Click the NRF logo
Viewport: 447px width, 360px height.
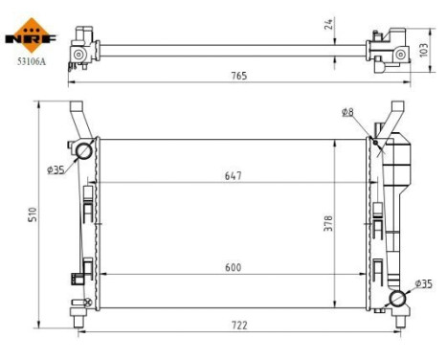(x=32, y=36)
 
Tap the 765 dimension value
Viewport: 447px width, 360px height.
(x=234, y=76)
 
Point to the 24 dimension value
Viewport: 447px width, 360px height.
(x=330, y=25)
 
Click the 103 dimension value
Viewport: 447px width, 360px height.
(x=422, y=48)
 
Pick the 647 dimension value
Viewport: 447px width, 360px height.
(x=234, y=176)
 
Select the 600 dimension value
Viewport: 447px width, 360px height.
(x=234, y=268)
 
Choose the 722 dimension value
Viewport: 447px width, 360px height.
(x=239, y=326)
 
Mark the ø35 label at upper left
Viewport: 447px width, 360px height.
(x=56, y=170)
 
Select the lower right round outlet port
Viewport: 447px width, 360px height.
(x=397, y=299)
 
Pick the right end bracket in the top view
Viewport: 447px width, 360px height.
(x=385, y=48)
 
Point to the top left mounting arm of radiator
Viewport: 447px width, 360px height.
(x=77, y=120)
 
